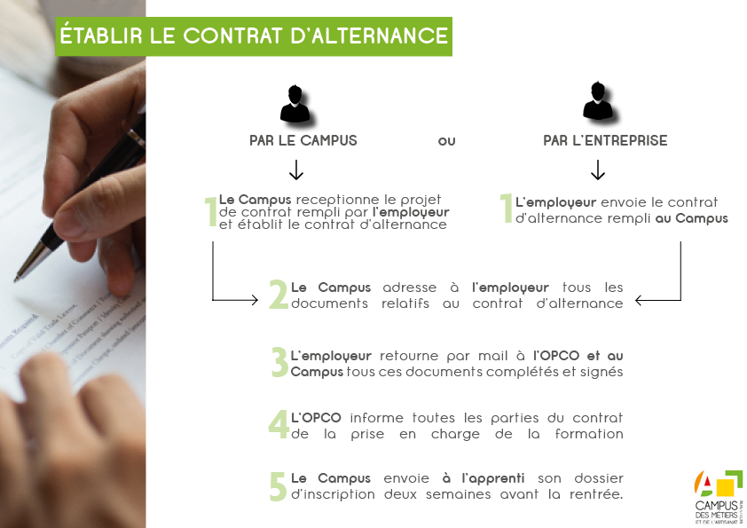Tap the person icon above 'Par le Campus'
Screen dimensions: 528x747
295,105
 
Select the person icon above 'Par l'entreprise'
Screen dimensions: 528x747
598,101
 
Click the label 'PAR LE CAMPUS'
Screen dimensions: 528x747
303,140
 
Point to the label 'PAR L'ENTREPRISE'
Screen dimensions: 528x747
605,140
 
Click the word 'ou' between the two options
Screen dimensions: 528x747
446,141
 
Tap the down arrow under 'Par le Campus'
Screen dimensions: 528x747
296,169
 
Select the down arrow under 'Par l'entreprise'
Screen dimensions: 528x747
598,169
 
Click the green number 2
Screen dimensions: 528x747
278,296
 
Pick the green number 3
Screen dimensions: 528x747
279,362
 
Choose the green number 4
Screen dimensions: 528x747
279,424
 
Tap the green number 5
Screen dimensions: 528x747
278,485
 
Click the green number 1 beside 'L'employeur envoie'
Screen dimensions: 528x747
506,209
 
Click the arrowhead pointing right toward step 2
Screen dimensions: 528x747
253,301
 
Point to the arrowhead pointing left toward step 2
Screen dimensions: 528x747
641,301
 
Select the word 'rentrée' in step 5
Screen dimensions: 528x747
596,493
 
